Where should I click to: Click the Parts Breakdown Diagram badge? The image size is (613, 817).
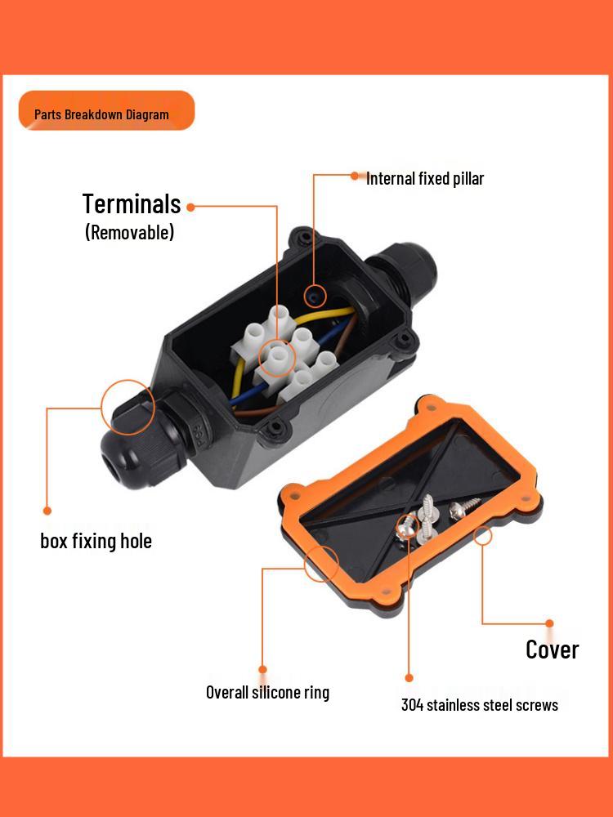(x=106, y=111)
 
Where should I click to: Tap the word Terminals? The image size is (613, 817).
(x=131, y=203)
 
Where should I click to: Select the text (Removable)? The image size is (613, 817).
(x=129, y=232)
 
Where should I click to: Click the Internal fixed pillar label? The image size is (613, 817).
(x=425, y=178)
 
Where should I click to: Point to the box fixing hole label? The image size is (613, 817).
(x=96, y=541)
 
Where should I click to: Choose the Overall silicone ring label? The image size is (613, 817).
(x=267, y=693)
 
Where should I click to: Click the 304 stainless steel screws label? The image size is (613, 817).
(x=480, y=704)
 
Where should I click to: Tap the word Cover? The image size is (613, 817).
(x=553, y=650)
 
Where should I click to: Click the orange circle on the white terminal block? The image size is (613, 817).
(x=277, y=358)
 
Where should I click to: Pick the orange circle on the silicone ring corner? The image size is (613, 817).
(x=321, y=563)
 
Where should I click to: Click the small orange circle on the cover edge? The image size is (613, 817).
(x=483, y=536)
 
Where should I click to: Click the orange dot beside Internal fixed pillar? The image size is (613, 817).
(x=355, y=175)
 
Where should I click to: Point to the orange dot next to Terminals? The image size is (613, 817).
(x=190, y=207)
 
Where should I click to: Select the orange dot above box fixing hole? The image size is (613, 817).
(x=47, y=511)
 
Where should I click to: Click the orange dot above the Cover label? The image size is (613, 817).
(x=549, y=623)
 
